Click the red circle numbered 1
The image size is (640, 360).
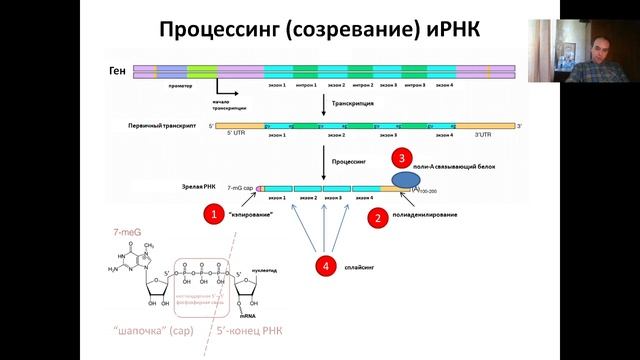point(211,213)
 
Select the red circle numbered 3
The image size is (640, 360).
point(402,158)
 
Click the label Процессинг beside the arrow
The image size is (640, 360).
point(349,159)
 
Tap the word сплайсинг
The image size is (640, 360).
point(364,266)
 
